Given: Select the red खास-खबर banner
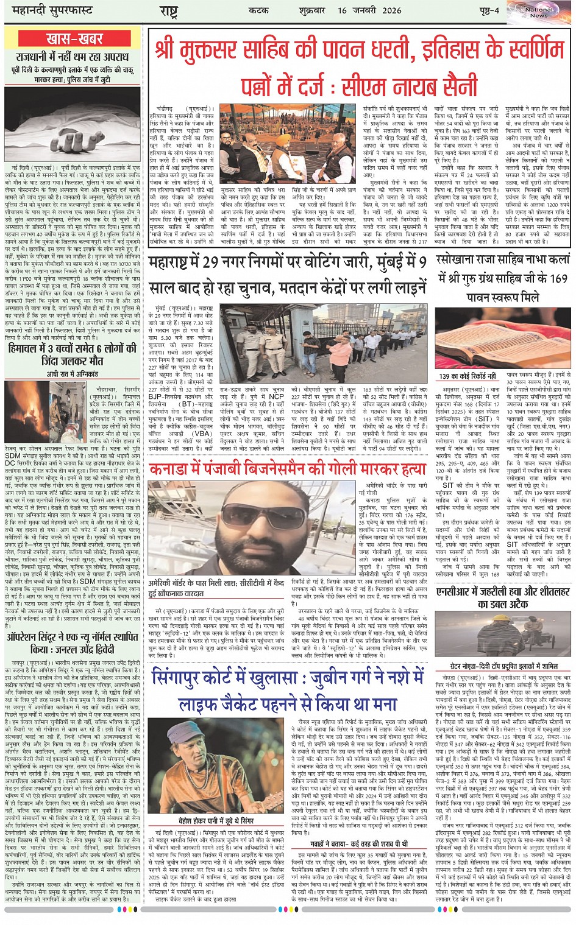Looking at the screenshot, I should (74, 40).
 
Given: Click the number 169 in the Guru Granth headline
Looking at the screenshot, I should (556, 278).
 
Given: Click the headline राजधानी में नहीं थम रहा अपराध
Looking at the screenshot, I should (73, 57).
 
